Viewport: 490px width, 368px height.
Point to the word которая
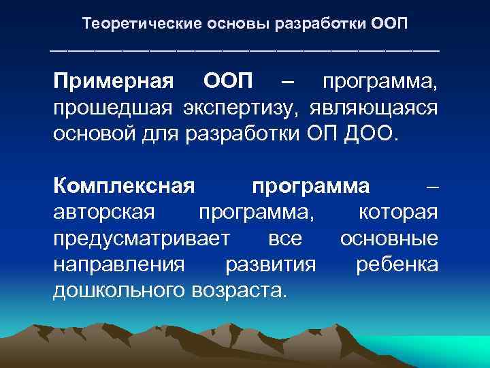tap(397, 211)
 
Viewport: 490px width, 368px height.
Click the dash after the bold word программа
tap(431, 186)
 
